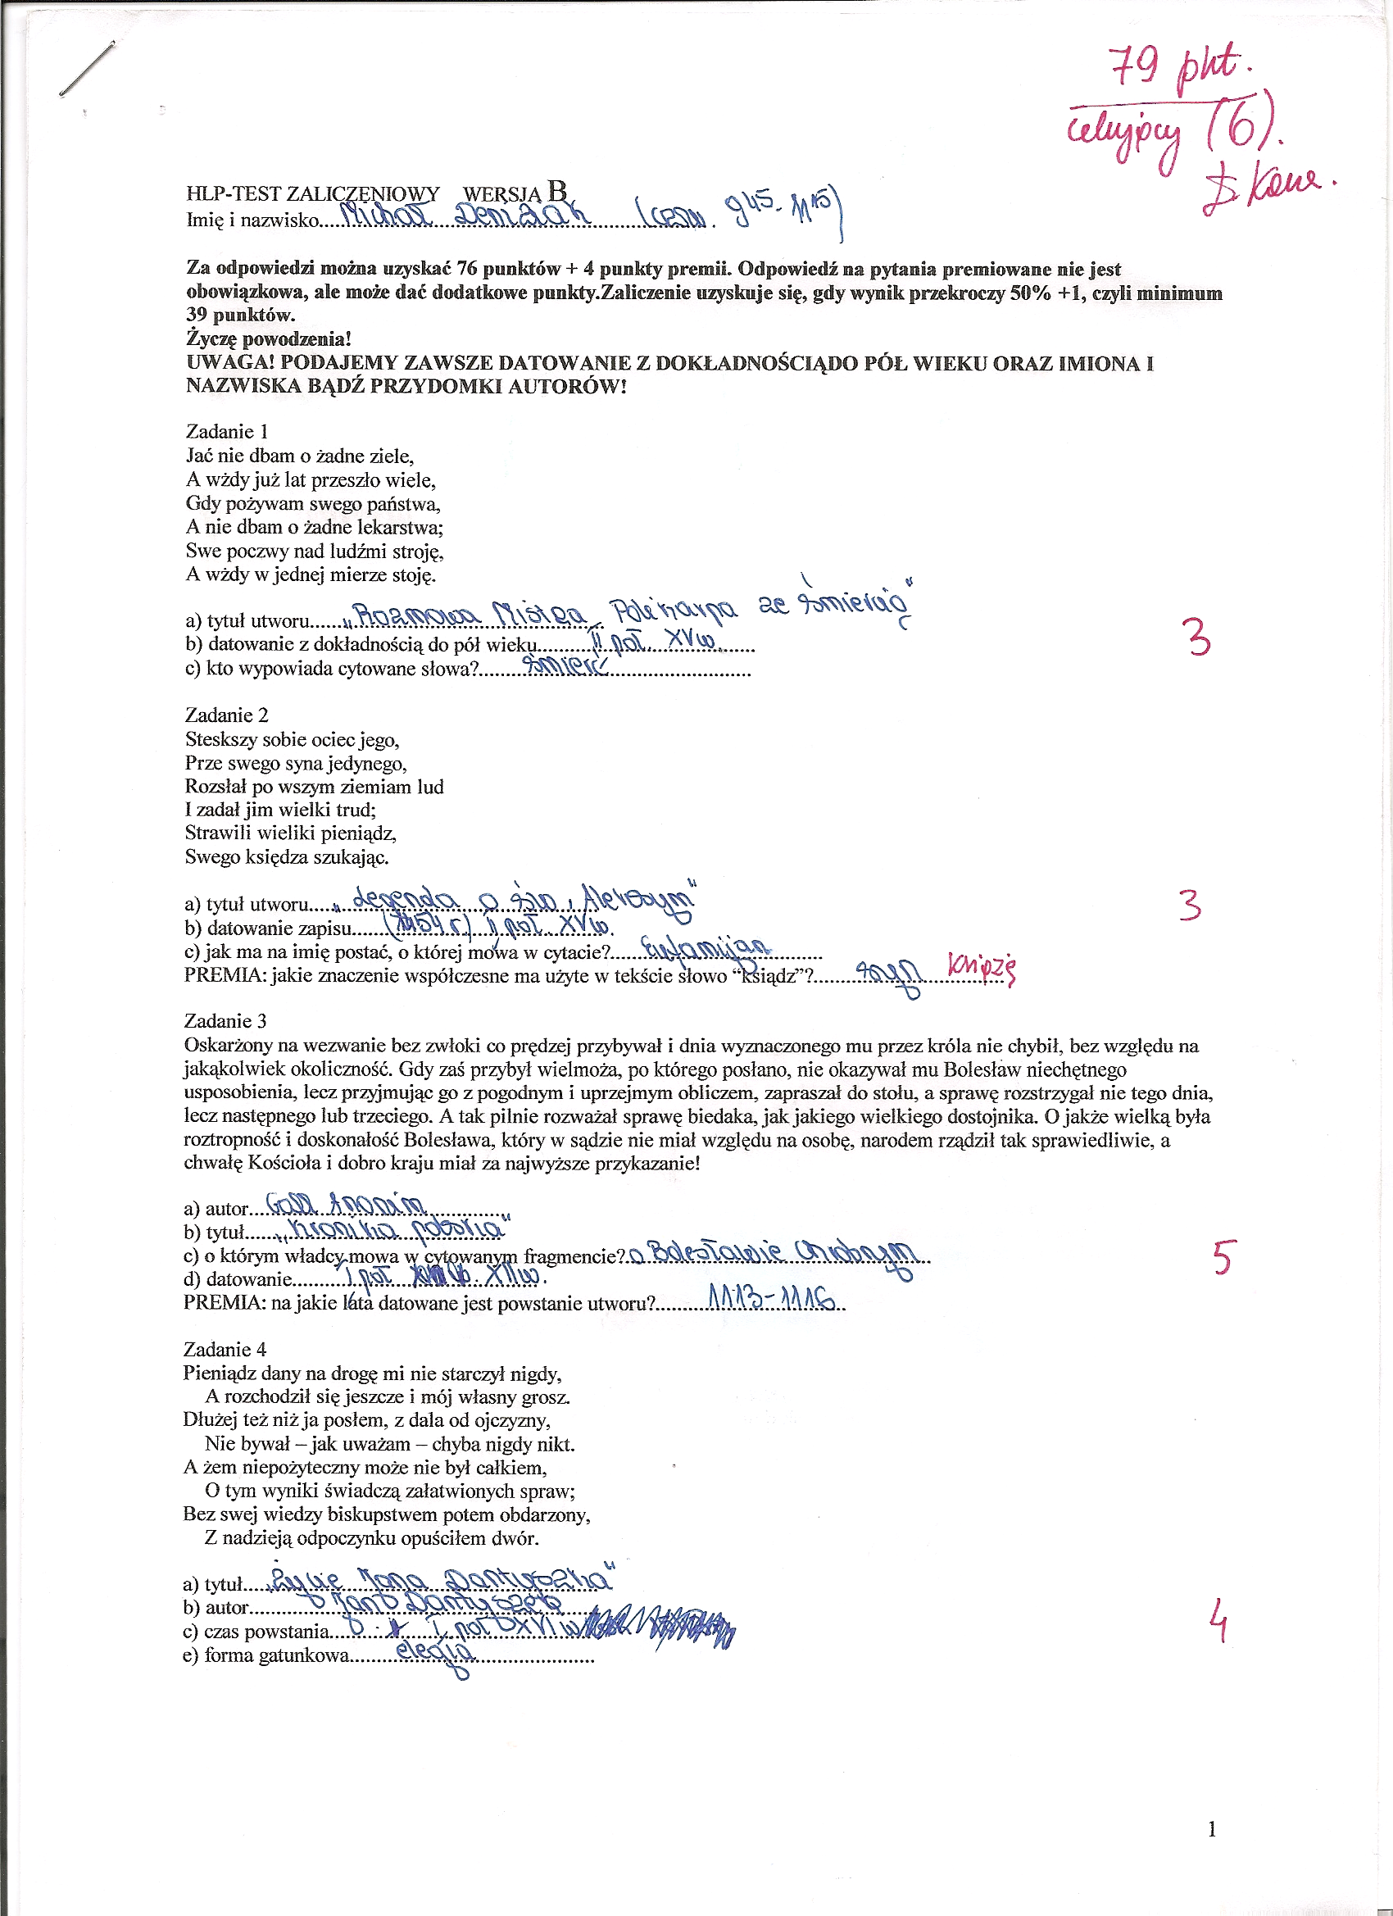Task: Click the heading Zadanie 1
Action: pos(226,431)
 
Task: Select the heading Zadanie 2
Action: pos(226,715)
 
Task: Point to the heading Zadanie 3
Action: pos(225,1020)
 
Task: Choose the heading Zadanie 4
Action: pos(224,1349)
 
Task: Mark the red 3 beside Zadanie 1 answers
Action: pos(1198,638)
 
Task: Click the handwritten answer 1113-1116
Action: pos(770,1298)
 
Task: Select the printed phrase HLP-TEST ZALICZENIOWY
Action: pos(312,194)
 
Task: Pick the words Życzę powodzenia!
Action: pos(269,339)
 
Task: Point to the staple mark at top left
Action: pos(86,70)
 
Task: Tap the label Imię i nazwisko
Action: pos(252,220)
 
